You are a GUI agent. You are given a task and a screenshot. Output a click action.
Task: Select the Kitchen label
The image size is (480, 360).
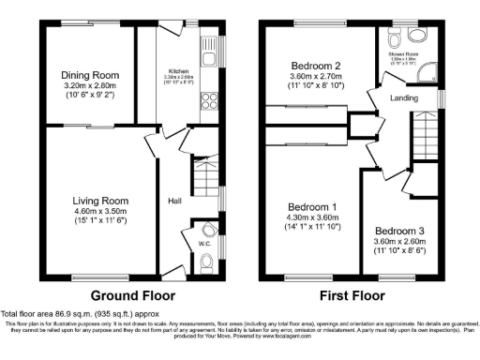coord(178,70)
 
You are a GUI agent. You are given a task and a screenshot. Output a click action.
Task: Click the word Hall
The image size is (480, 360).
coord(174,201)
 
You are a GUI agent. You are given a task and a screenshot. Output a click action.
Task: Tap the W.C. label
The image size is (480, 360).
coord(201,244)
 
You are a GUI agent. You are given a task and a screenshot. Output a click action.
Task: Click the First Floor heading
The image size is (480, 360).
coord(353,293)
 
